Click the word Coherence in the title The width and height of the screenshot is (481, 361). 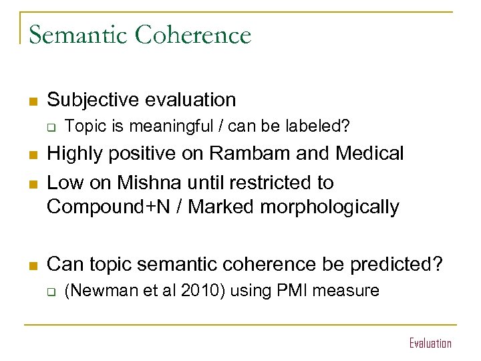point(193,34)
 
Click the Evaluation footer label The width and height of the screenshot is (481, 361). point(430,344)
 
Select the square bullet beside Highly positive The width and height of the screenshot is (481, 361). point(31,155)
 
